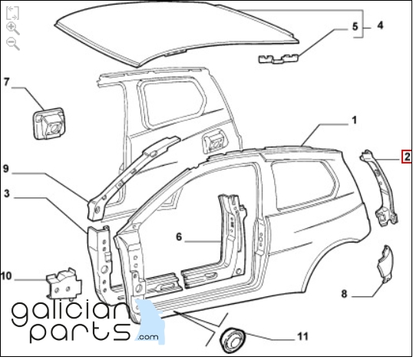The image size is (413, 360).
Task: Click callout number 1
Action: [x=354, y=120]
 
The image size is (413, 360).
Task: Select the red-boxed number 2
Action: [x=407, y=157]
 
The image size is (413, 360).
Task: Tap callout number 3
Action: [x=7, y=193]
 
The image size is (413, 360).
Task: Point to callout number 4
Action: [x=380, y=25]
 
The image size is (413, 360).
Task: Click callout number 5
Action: [x=355, y=26]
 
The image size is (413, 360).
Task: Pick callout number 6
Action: [x=179, y=236]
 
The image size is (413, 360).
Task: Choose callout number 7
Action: [x=7, y=81]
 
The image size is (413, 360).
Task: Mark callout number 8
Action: [x=344, y=294]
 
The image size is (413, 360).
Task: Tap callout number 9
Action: [x=6, y=169]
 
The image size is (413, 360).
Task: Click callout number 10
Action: [x=6, y=276]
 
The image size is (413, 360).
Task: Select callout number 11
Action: [x=302, y=336]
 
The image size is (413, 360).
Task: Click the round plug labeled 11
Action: [x=233, y=340]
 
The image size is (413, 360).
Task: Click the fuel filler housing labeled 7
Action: [x=49, y=124]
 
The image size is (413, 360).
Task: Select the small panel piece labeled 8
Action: [x=385, y=264]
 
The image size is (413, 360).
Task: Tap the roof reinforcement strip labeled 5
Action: [x=279, y=58]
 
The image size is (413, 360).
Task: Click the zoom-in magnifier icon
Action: [x=12, y=28]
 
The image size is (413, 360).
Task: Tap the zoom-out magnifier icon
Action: [x=12, y=44]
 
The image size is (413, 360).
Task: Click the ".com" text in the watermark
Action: [x=147, y=337]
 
